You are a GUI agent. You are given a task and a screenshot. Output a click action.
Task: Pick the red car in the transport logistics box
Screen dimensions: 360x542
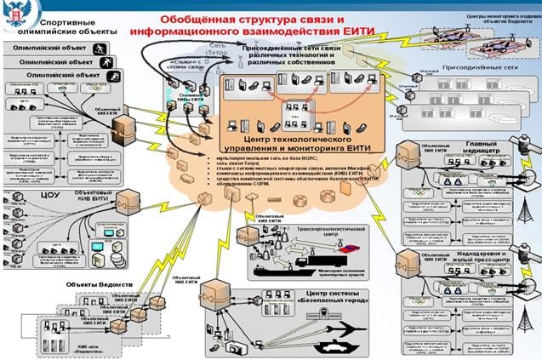[345, 249]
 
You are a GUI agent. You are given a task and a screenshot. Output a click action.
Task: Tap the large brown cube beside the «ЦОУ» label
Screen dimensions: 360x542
[126, 201]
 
